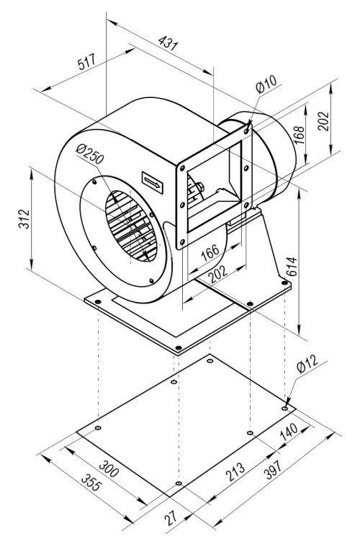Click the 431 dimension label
tap(168, 43)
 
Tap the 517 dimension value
tap(86, 61)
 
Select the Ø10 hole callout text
tap(266, 84)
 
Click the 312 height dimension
tap(24, 218)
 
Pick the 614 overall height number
tap(292, 267)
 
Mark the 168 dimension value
tap(299, 134)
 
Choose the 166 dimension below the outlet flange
tap(210, 252)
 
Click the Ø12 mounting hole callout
tap(307, 364)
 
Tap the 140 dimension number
tap(289, 432)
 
